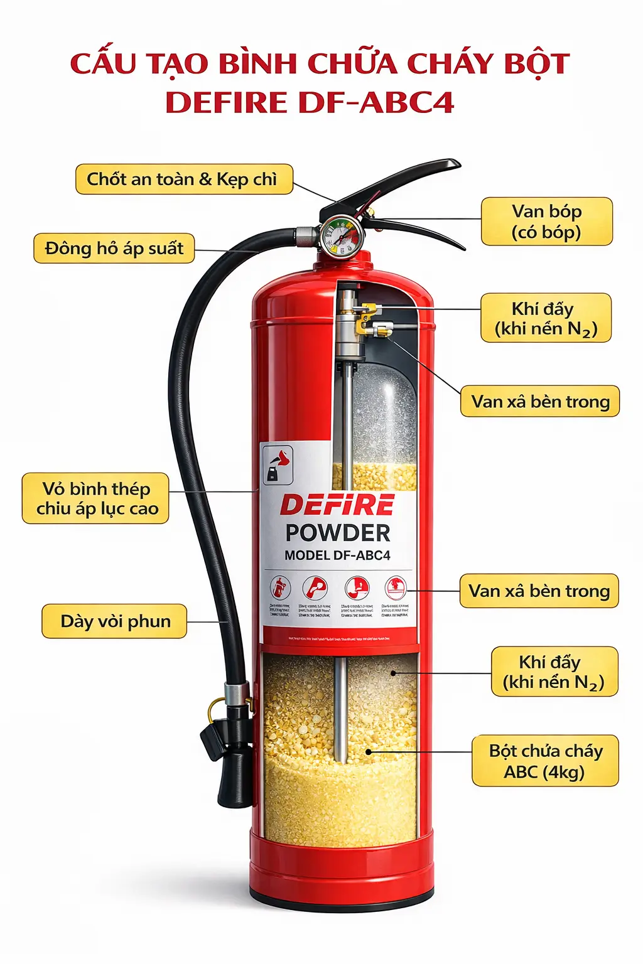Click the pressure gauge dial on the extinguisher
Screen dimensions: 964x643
pos(342,237)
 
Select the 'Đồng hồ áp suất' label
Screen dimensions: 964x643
pos(114,249)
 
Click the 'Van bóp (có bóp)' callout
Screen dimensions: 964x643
pos(546,222)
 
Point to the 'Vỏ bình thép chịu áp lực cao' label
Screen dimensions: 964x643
pos(96,498)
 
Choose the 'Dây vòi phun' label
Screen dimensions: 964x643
pos(115,621)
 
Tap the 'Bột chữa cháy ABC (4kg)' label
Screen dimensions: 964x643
pos(545,761)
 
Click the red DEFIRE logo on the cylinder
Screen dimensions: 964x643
pos(337,505)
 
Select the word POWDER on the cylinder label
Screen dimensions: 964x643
pos(338,533)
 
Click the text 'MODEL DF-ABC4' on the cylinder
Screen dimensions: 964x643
pos(337,555)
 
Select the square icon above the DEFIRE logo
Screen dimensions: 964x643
pos(278,464)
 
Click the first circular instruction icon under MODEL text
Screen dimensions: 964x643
pos(280,589)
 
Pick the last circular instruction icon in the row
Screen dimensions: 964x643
pos(396,588)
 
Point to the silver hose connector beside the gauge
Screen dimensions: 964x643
pos(307,237)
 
